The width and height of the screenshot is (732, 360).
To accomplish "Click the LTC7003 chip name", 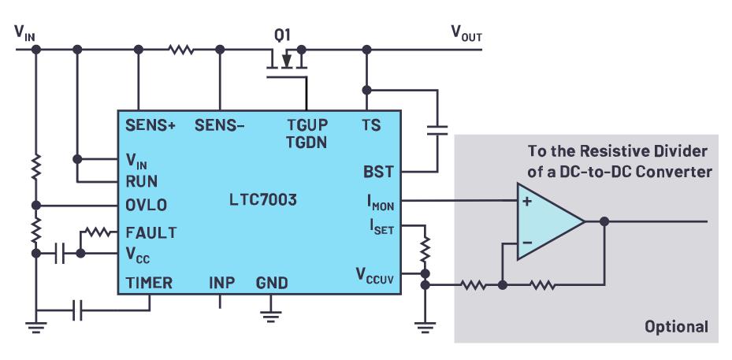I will point(258,199).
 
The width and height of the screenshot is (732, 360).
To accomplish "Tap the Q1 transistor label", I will point(282,34).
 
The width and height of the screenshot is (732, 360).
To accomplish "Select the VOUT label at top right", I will point(466,33).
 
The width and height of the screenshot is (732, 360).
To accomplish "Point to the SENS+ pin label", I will point(150,124).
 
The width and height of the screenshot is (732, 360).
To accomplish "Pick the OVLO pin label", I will point(147,206).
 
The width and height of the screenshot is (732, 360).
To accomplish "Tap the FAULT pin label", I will point(150,233).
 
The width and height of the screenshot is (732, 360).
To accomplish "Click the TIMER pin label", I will point(149,283).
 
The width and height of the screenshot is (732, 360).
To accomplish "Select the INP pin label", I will point(221,283).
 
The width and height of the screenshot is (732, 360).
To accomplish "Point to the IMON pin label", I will point(378,202).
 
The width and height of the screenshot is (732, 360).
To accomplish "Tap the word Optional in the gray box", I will point(676,326).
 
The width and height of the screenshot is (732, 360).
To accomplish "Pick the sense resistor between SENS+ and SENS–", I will point(180,50).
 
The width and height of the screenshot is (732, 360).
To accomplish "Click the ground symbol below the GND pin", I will point(270,315).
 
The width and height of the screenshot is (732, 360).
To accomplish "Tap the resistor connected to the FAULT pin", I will point(98,232).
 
